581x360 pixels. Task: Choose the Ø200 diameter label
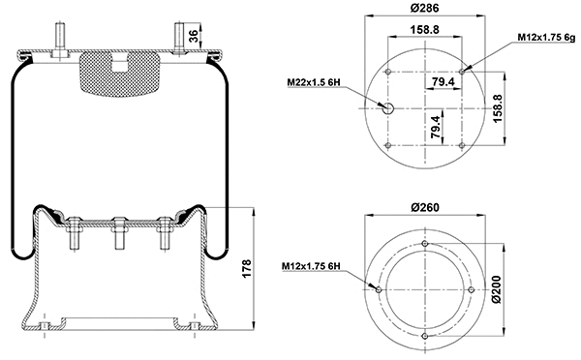(x=497, y=290)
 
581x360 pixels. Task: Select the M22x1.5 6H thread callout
(x=317, y=84)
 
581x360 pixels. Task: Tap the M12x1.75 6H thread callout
(x=313, y=265)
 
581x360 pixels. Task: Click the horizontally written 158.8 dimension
(x=426, y=30)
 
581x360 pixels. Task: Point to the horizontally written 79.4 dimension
(x=443, y=82)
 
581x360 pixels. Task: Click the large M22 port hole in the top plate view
(x=387, y=107)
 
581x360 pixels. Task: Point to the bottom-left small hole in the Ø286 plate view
(x=387, y=144)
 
